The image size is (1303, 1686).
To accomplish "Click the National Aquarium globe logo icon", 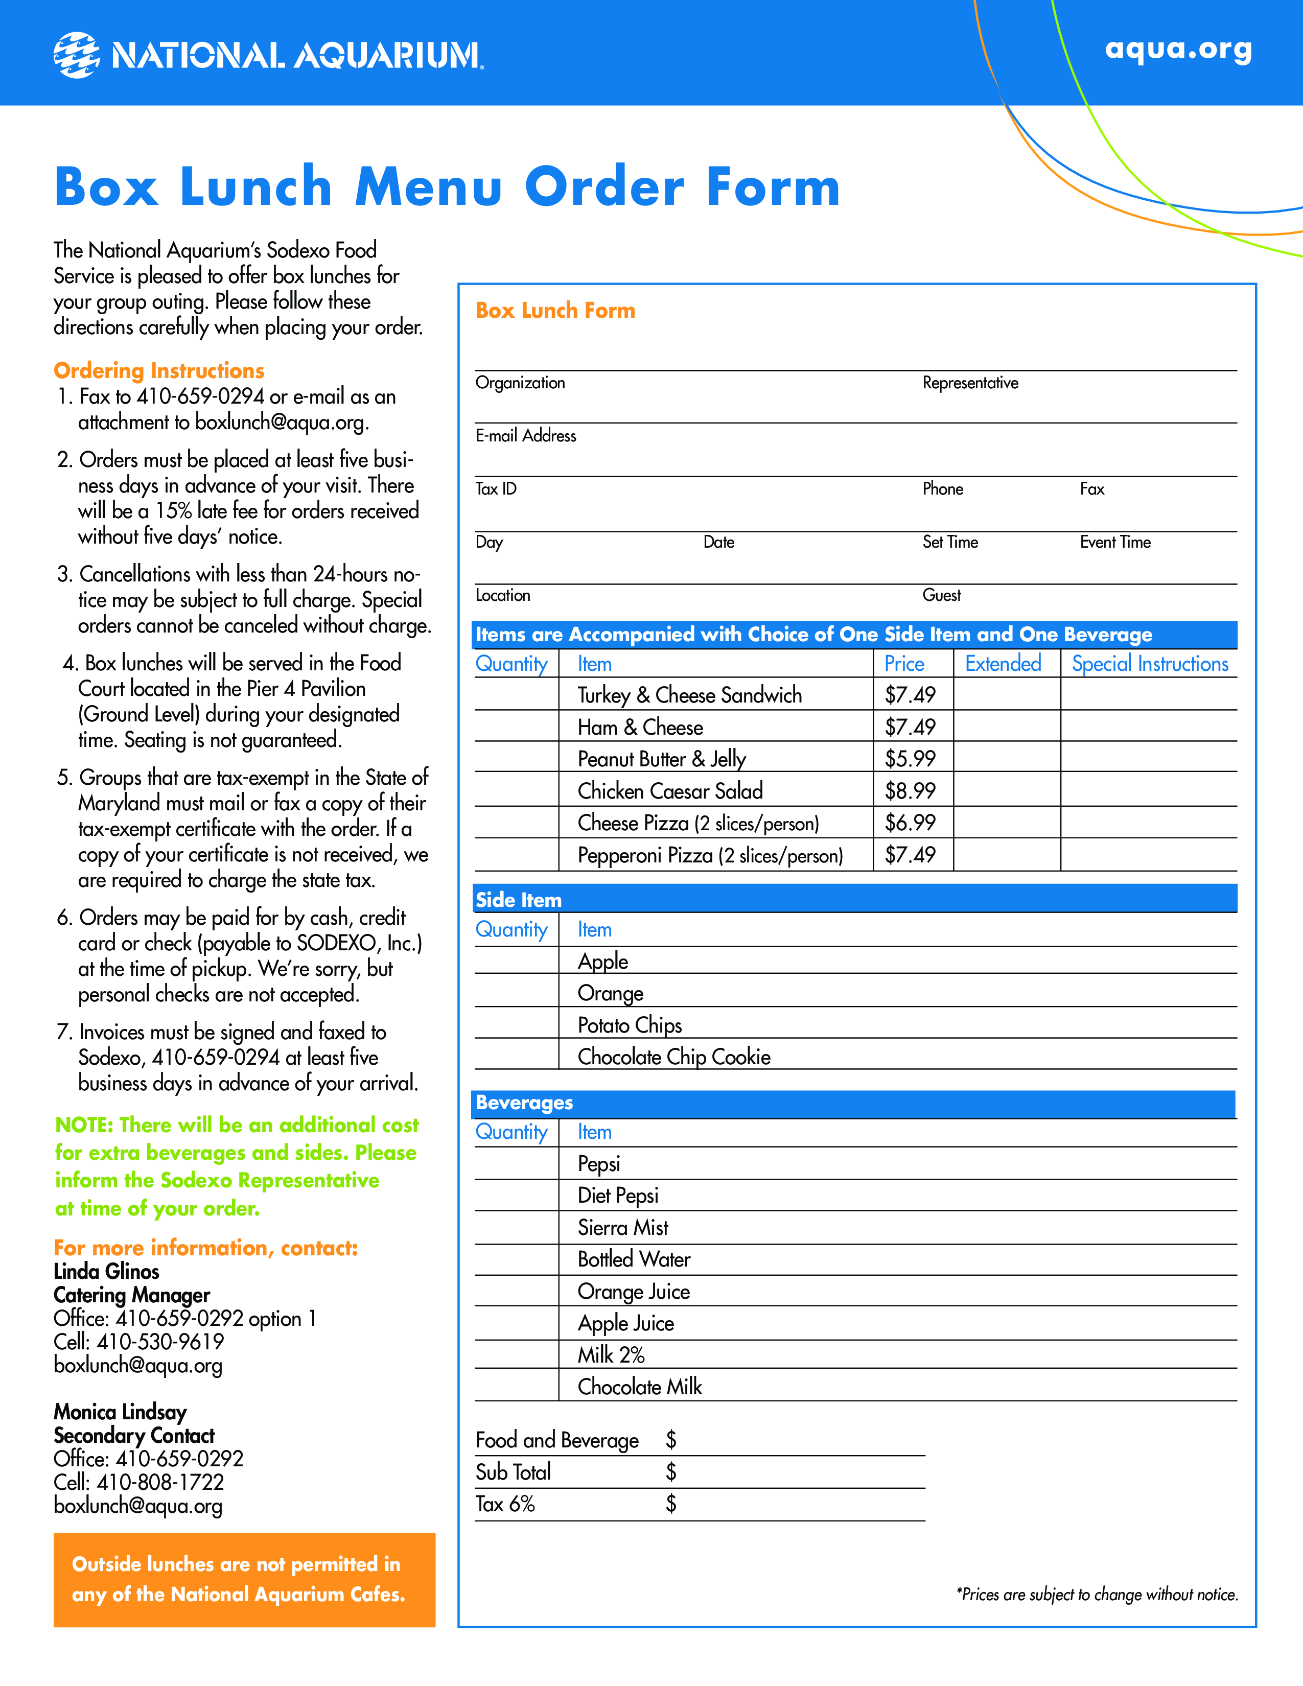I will point(77,55).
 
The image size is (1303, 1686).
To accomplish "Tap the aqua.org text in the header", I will point(1178,50).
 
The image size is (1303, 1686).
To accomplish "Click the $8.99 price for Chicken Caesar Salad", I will point(910,791).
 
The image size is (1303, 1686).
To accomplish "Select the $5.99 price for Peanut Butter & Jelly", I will point(910,759).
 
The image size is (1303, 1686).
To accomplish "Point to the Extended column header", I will point(1003,664).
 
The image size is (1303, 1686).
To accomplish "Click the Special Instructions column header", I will point(1149,664).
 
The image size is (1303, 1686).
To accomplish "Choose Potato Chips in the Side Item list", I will point(630,1025).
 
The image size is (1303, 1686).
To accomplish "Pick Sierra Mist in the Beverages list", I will point(623,1227).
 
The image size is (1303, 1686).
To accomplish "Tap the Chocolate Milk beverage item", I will point(640,1387).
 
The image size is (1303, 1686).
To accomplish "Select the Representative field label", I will point(970,383).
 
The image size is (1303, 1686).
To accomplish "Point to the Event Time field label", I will point(1114,543).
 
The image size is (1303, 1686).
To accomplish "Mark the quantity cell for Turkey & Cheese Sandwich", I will point(516,695).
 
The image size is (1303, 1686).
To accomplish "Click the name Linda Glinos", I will point(106,1272).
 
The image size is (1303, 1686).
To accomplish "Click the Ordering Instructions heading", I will point(159,370).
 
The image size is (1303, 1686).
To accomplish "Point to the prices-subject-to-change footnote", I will point(1097,1595).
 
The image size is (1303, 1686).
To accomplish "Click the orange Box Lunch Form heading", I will point(555,310).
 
